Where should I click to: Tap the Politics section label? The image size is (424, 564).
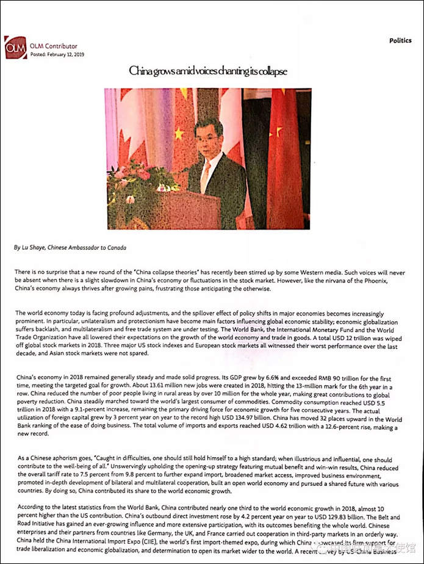point(400,41)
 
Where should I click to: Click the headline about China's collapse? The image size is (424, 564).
point(207,71)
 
